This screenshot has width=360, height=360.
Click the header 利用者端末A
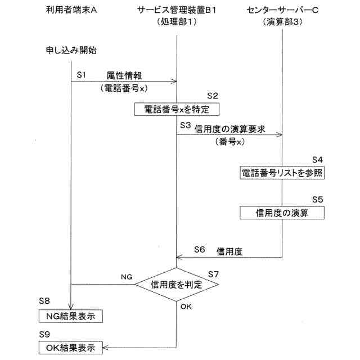71,11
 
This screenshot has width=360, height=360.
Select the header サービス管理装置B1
177,11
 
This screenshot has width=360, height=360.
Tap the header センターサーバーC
282,11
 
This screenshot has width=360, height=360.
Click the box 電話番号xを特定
176,109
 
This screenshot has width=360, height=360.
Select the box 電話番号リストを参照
282,173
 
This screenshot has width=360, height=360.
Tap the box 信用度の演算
282,213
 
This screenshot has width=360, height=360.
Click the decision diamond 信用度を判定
177,285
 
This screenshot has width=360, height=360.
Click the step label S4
318,159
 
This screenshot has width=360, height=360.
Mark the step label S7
213,274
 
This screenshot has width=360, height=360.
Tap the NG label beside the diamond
127,277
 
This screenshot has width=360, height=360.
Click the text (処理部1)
177,23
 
